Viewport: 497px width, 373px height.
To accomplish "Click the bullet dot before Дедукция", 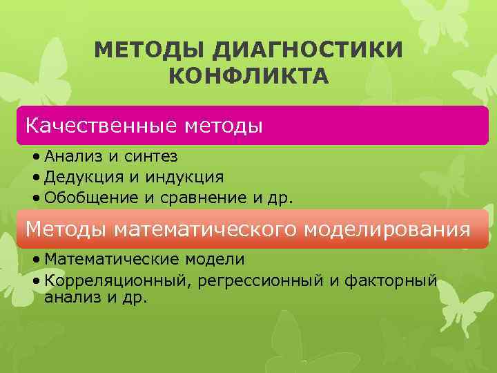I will (36, 178).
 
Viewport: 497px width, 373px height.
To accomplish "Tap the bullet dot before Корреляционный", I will (36, 281).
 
